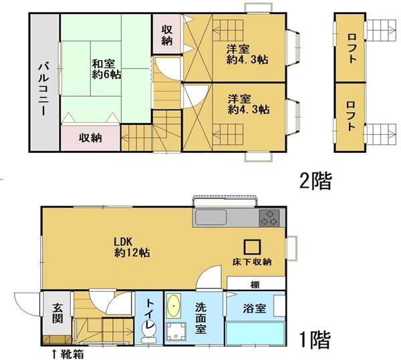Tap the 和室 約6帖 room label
coord(106,69)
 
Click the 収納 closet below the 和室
coord(90,138)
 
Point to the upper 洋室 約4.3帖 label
coord(247,54)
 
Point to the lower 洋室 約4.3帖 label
coord(249,104)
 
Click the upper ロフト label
coord(352,48)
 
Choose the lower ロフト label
coord(351,116)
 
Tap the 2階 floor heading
coord(315,180)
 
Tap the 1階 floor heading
coord(315,340)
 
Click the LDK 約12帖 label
coord(132,247)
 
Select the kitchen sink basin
coord(211,217)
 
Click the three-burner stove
coord(269,218)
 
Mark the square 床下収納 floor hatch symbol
coord(252,247)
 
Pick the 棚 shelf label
coord(255,285)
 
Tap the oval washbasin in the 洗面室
coord(174,306)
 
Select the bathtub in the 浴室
coord(255,333)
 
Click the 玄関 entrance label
coord(57,313)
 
